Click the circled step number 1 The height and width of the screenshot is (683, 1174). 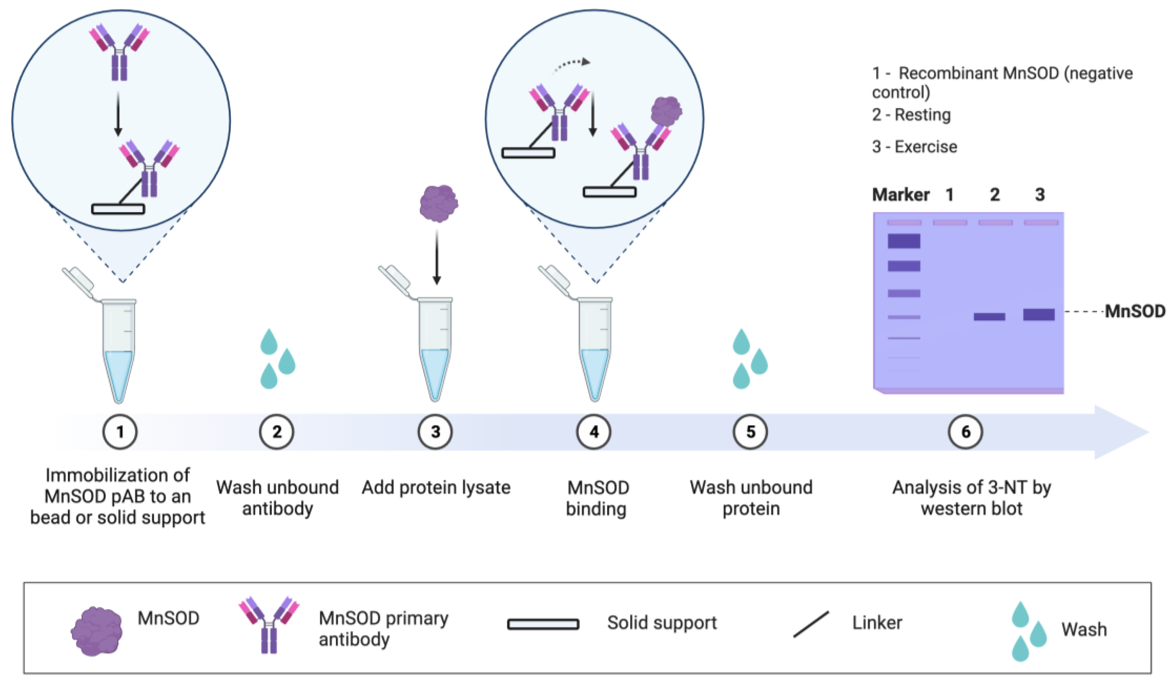coord(120,432)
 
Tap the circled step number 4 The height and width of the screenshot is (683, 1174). coord(594,432)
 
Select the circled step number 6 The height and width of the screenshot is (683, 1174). coord(965,432)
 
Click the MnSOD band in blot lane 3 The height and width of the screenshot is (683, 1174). coord(1038,314)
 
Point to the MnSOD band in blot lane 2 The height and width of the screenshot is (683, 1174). coord(989,316)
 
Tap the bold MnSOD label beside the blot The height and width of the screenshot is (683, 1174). coord(1135,311)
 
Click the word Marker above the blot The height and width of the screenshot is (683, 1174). coord(900,195)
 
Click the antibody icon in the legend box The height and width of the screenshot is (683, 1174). coord(269,624)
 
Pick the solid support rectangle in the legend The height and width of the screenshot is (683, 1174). coord(543,624)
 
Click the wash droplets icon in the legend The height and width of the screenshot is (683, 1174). coord(1028,631)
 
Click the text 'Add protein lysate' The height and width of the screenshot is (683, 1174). coord(436,487)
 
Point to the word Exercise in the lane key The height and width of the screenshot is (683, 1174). coord(926,147)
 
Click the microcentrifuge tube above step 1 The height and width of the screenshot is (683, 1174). coord(119,349)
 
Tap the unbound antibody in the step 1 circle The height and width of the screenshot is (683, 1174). coord(119,51)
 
